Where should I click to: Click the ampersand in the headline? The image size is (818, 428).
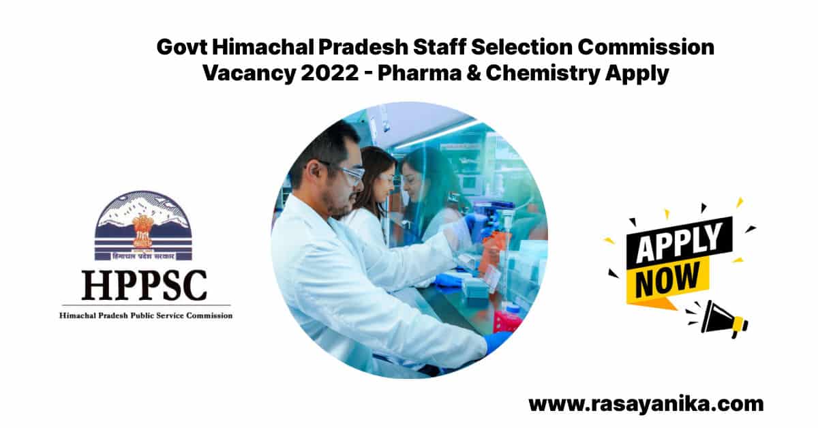point(473,73)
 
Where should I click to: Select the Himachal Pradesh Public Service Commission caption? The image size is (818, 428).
point(146,315)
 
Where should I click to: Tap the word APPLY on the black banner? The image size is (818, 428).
point(680,243)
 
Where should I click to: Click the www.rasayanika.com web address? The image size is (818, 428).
point(646,404)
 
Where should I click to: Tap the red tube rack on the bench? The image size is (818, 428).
point(509,322)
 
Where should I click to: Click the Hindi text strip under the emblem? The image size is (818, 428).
point(143,256)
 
